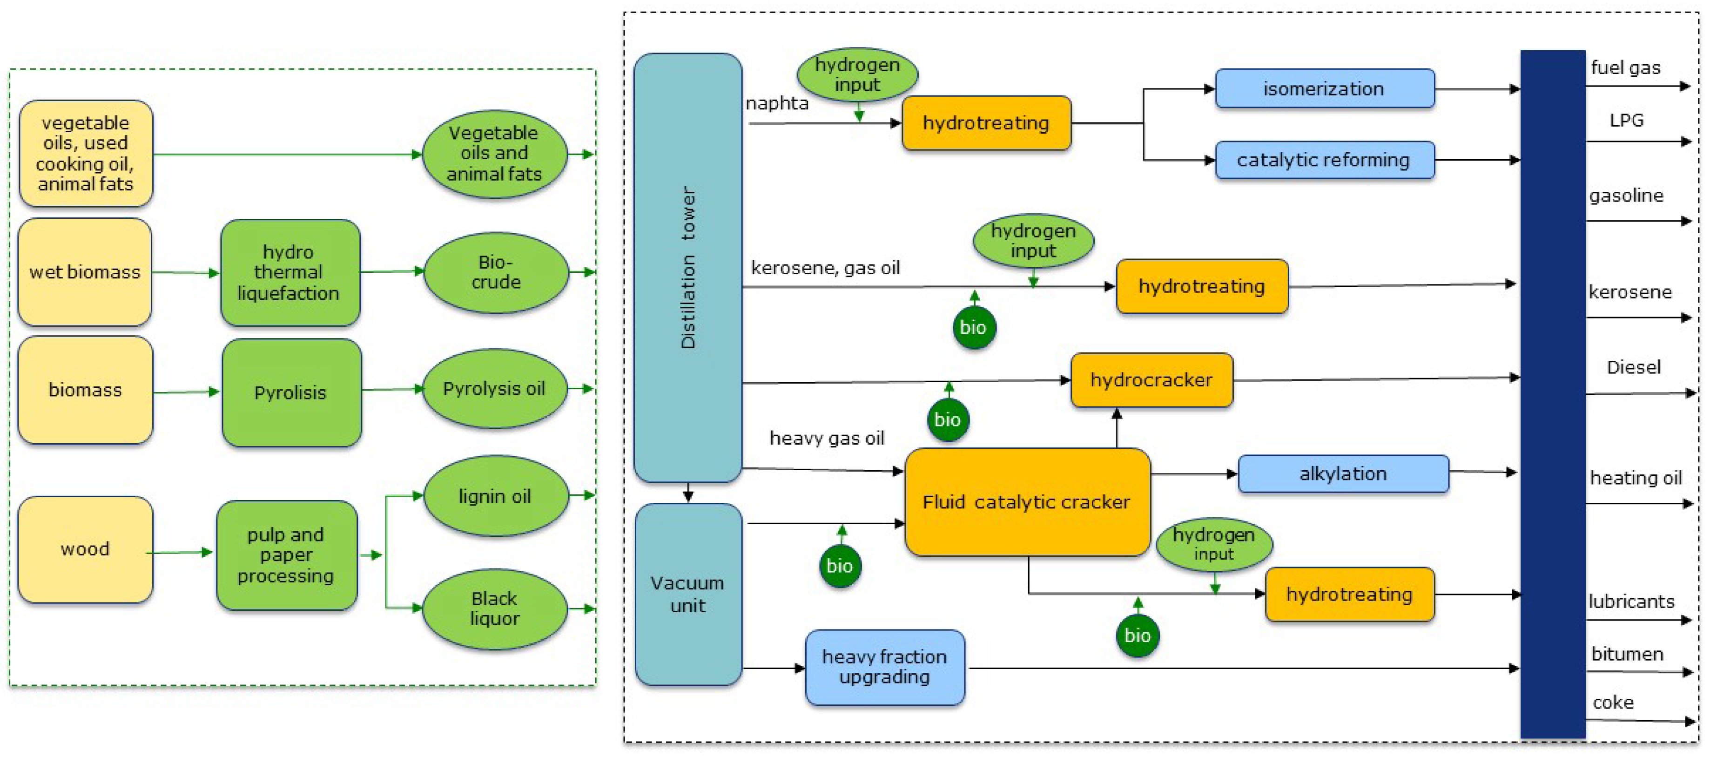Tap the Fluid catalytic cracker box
pos(1026,502)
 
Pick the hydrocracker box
pos(1151,380)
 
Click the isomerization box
pos(1324,88)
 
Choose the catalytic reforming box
pos(1324,160)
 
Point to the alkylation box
pos(1343,473)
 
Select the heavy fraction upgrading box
pos(884,667)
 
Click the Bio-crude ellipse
pos(496,272)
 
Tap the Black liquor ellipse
pos(495,608)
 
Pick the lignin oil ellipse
pos(495,496)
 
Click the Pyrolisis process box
pos(291,392)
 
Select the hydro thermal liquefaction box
pos(289,272)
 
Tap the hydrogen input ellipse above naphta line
pos(857,74)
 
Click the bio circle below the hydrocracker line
pos(947,419)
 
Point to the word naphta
pos(777,104)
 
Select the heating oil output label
pos(1635,478)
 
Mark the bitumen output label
pos(1627,654)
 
